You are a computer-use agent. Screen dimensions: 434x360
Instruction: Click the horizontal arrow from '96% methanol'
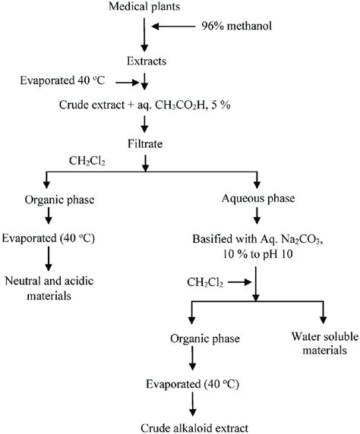178,27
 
